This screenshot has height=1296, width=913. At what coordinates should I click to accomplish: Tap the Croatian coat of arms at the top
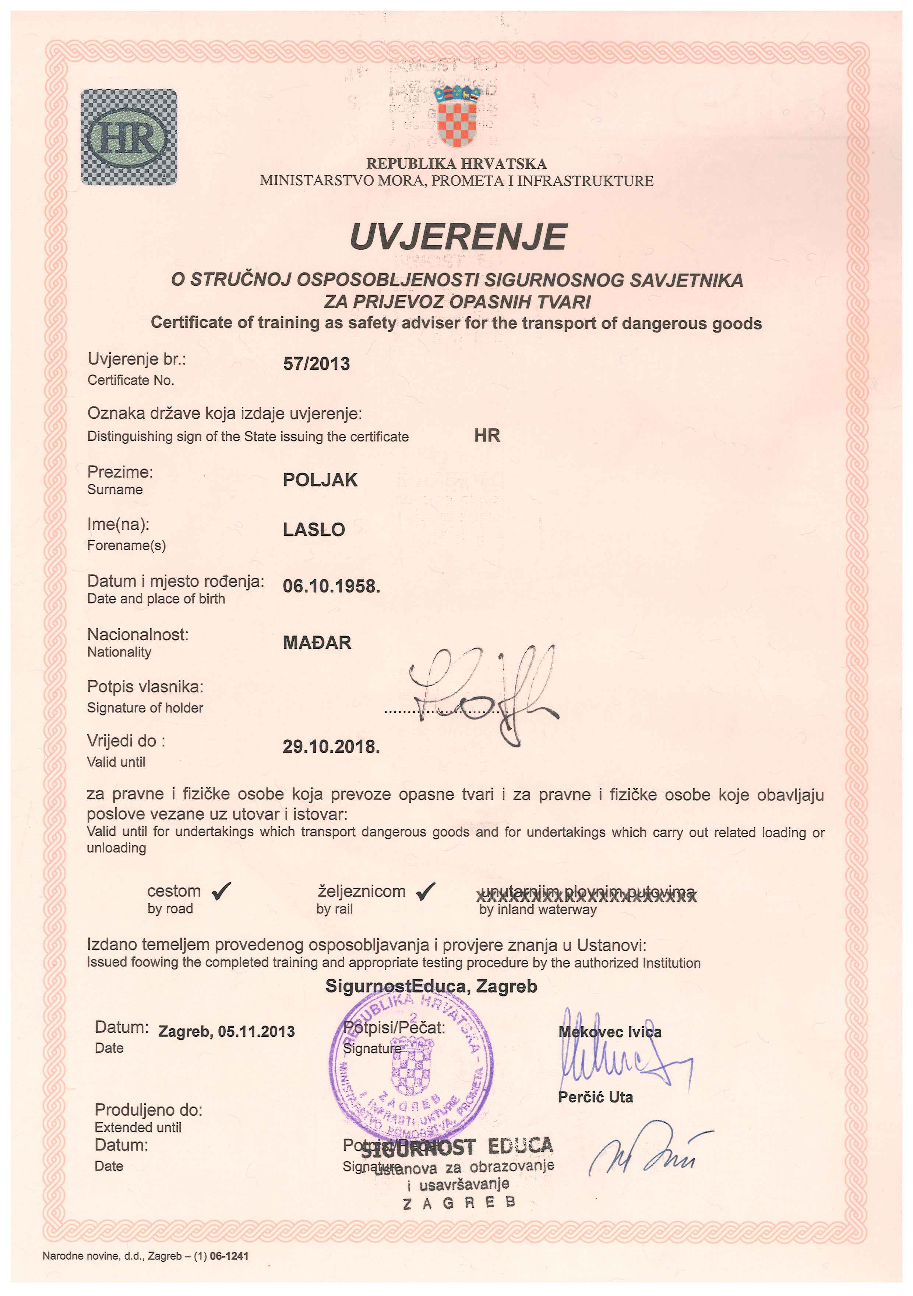click(457, 116)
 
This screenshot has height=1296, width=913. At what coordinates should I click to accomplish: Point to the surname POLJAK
click(320, 480)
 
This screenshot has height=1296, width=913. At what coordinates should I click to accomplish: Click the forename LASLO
click(314, 529)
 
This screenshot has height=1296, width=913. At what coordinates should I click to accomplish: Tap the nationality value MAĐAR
click(317, 642)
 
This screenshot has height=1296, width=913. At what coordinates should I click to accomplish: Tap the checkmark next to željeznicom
click(426, 891)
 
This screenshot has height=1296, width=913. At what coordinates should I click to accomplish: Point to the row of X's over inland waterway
click(587, 897)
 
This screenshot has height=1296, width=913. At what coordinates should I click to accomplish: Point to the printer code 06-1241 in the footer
click(229, 1256)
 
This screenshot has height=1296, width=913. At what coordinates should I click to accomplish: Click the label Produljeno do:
click(148, 1110)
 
